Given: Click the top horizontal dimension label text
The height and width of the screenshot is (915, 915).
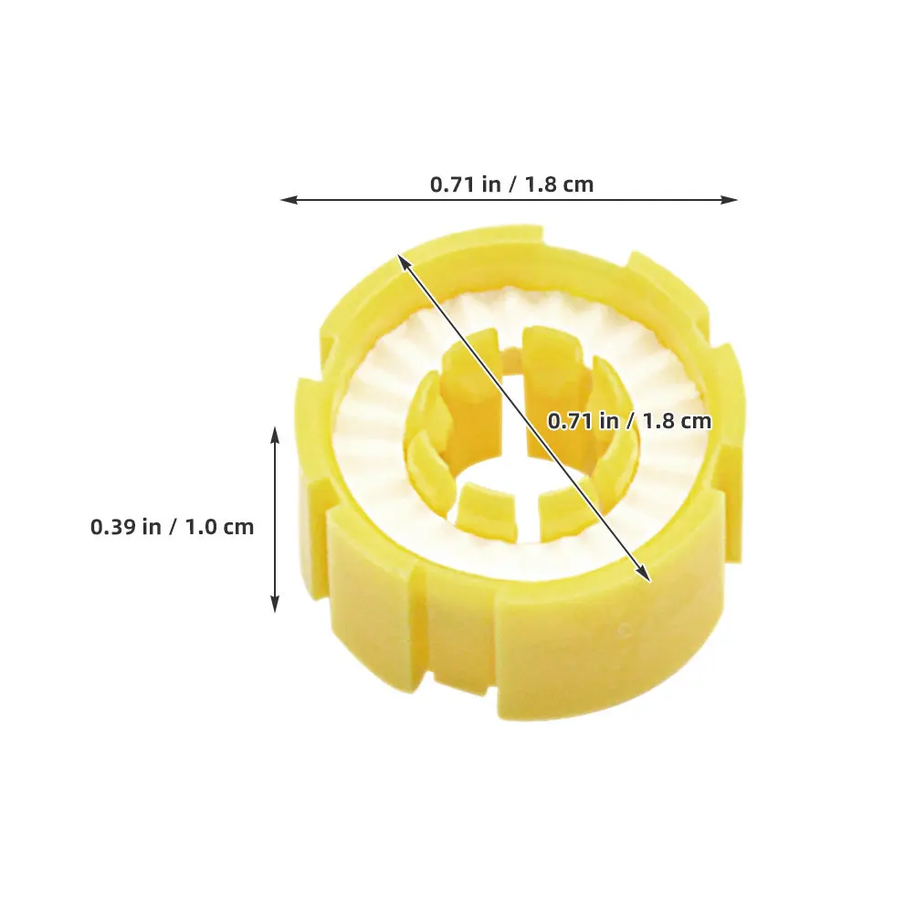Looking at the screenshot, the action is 511,184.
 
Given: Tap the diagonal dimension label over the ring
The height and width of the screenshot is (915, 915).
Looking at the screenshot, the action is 630,421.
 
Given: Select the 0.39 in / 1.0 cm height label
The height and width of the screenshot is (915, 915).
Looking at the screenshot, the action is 173,527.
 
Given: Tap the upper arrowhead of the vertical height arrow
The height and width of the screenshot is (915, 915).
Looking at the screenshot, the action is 276,436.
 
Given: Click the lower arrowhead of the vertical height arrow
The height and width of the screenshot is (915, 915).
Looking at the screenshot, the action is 276,604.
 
